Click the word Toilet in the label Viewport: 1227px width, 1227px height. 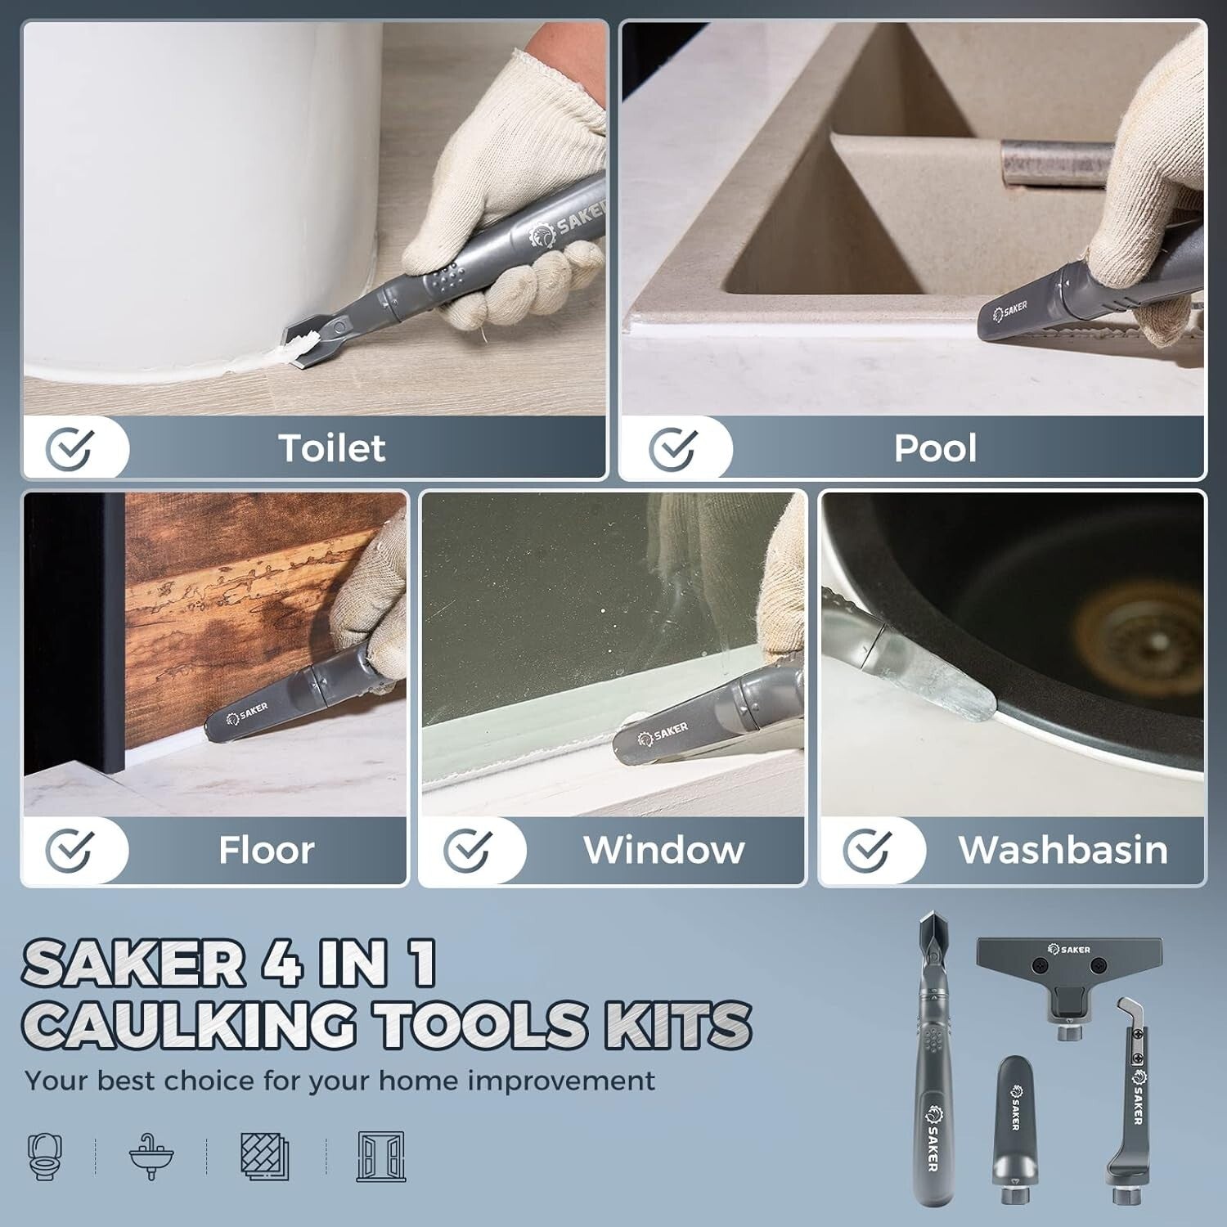point(331,448)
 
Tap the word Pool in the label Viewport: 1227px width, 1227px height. point(935,448)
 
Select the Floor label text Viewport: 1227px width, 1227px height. point(266,851)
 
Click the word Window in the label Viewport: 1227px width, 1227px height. point(663,851)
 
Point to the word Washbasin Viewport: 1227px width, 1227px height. point(1063,851)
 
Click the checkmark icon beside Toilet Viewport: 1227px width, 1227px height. point(69,448)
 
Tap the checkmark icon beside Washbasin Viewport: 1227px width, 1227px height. point(866,851)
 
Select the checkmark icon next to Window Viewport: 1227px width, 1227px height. point(467,851)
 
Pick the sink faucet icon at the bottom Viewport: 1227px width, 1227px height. point(151,1155)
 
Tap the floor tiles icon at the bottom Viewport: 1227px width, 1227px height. point(265,1155)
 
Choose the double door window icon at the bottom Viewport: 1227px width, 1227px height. point(381,1155)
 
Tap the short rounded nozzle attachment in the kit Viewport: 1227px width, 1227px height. point(1013,1121)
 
